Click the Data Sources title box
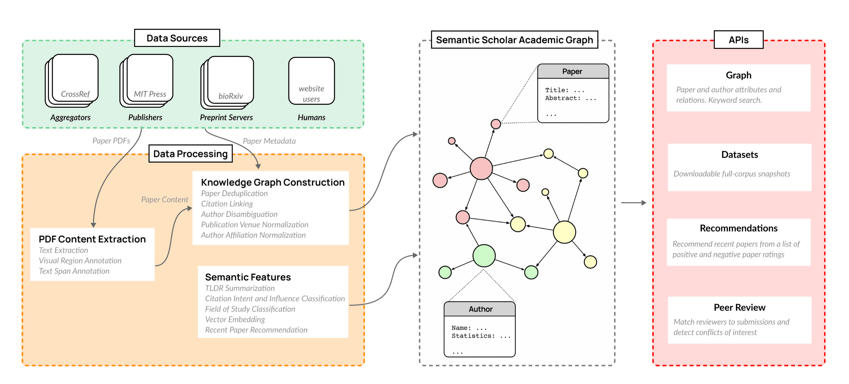pos(177,38)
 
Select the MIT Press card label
pos(150,94)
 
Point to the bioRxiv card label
pos(230,96)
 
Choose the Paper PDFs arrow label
pos(111,141)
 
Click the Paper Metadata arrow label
pos(269,141)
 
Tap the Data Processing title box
pos(191,154)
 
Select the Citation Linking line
pos(227,204)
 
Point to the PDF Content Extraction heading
pos(92,239)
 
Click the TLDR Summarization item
pos(239,288)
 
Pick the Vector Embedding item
pos(235,319)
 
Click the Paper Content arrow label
pos(164,200)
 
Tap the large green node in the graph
pos(484,256)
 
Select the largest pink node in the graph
pos(481,169)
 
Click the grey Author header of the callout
pos(480,309)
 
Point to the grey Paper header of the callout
pos(573,71)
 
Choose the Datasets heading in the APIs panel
pos(739,155)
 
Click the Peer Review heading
pos(739,307)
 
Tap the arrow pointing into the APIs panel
pos(633,203)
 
